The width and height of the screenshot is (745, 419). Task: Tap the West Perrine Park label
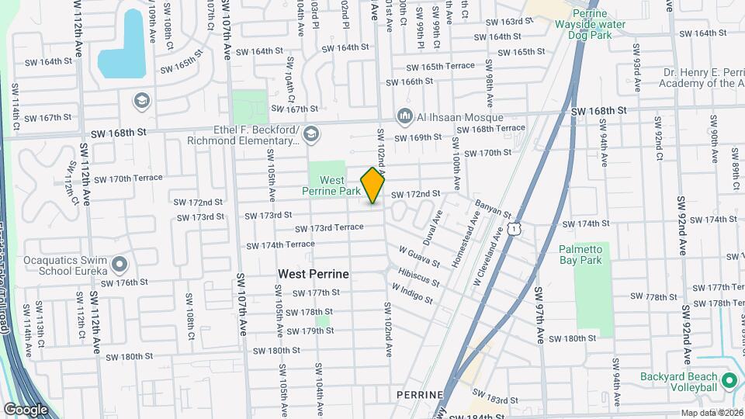tap(341, 185)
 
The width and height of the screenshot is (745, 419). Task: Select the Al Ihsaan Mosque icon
tap(404, 116)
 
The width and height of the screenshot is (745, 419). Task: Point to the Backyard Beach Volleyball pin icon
tap(728, 381)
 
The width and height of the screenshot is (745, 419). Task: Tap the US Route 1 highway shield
tap(513, 226)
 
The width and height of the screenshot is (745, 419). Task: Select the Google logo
tap(26, 409)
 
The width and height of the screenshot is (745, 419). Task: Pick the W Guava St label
tap(419, 257)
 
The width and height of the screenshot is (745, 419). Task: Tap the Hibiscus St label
tap(419, 277)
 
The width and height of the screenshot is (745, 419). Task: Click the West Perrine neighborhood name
tap(314, 275)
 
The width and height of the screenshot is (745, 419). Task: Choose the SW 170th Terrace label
tap(128, 178)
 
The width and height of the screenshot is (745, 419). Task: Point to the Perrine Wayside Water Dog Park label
tap(598, 24)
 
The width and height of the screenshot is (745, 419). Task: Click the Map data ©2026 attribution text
tap(711, 413)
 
